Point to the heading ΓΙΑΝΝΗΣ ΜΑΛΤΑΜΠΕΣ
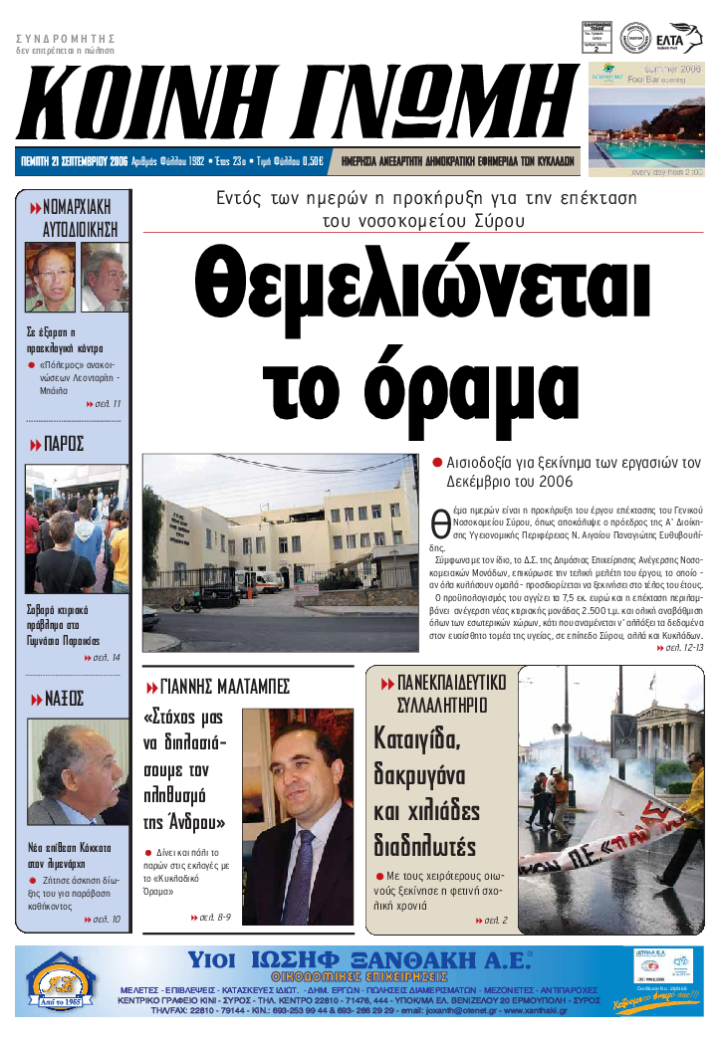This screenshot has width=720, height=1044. tap(224, 686)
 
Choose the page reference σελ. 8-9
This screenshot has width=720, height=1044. tap(215, 917)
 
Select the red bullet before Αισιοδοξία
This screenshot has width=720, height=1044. tap(437, 463)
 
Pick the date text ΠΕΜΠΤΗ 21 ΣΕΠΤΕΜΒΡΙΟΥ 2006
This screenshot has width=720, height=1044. tap(76, 159)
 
